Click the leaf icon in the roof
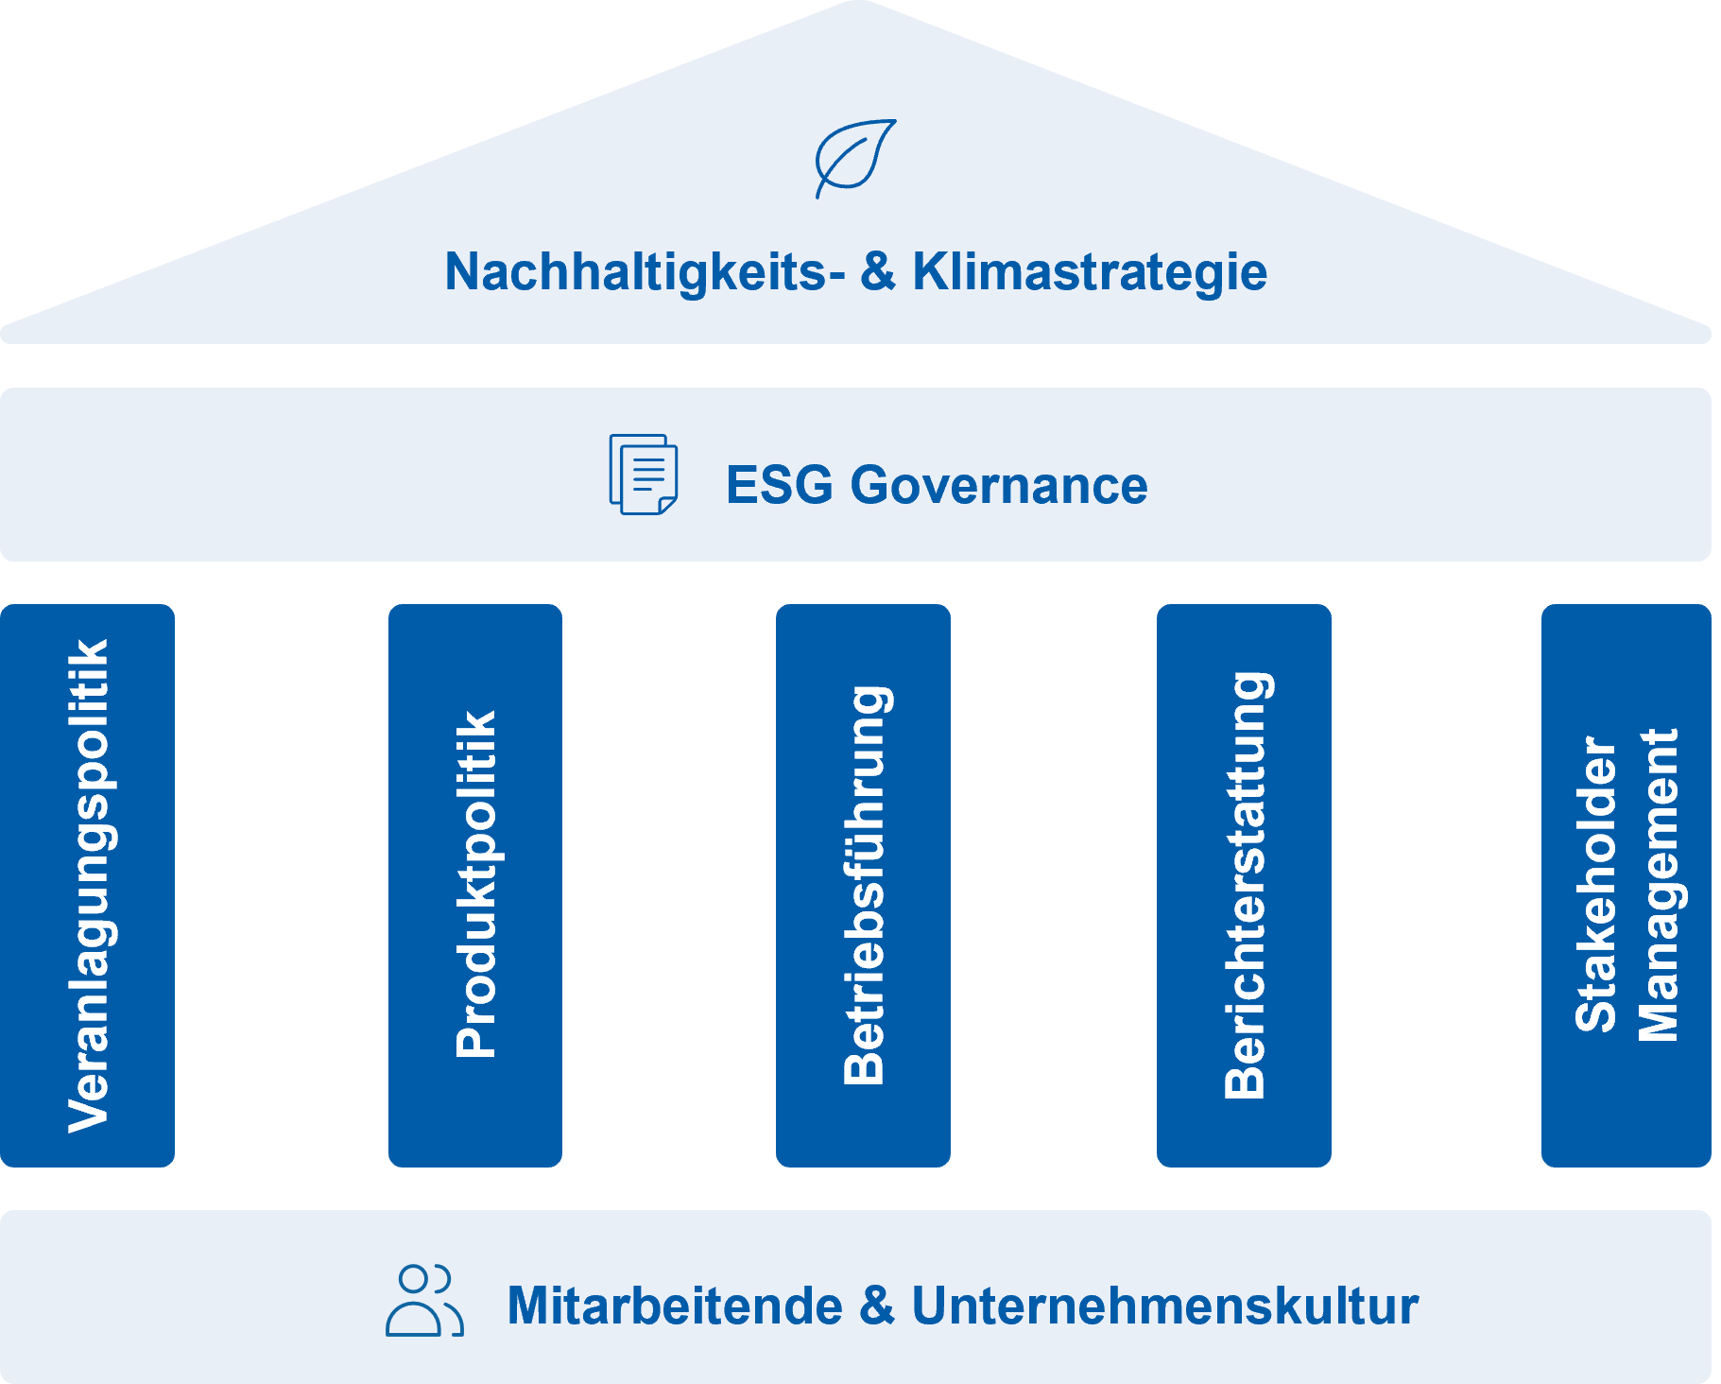tap(855, 158)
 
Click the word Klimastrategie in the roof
tap(1089, 272)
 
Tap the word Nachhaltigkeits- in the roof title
tap(645, 272)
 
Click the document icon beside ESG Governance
tap(644, 475)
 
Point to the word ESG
tap(780, 485)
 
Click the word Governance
tap(998, 485)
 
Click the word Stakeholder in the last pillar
tap(1596, 884)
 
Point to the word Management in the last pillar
tap(1658, 884)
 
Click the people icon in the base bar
tap(424, 1301)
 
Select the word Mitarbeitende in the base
tap(675, 1306)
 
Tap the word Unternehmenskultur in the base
tap(1164, 1306)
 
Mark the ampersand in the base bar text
tap(877, 1305)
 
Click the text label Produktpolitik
tap(475, 884)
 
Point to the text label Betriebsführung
tap(865, 884)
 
